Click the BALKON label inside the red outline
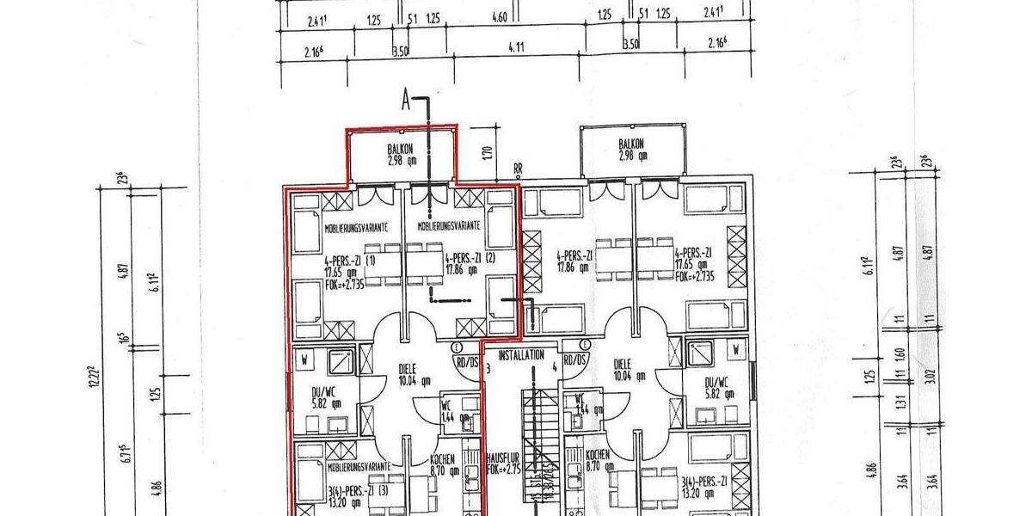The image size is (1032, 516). coord(401,148)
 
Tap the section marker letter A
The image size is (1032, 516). coord(406,101)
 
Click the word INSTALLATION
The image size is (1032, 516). coord(521,354)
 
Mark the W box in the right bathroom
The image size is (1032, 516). coord(737,350)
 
